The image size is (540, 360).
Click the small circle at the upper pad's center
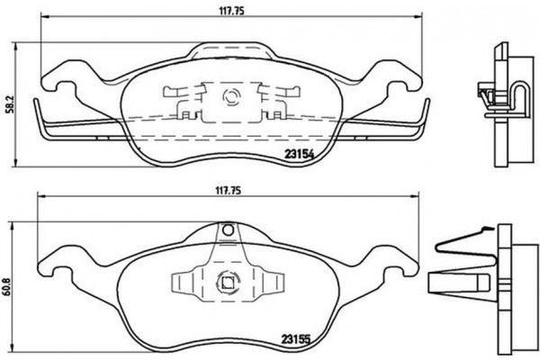226,95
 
